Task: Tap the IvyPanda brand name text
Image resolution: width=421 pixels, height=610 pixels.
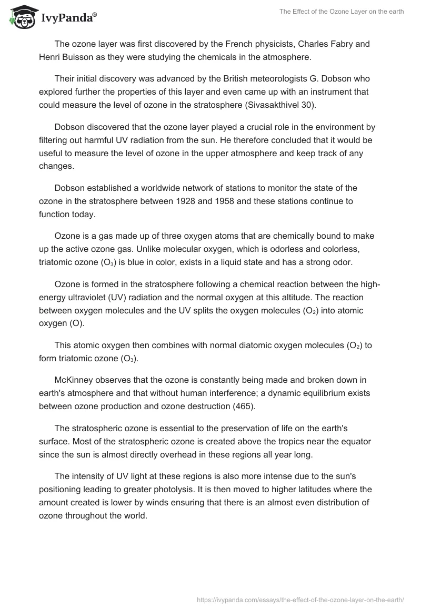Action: coord(69,19)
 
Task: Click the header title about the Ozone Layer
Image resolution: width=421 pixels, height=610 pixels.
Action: coord(342,12)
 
